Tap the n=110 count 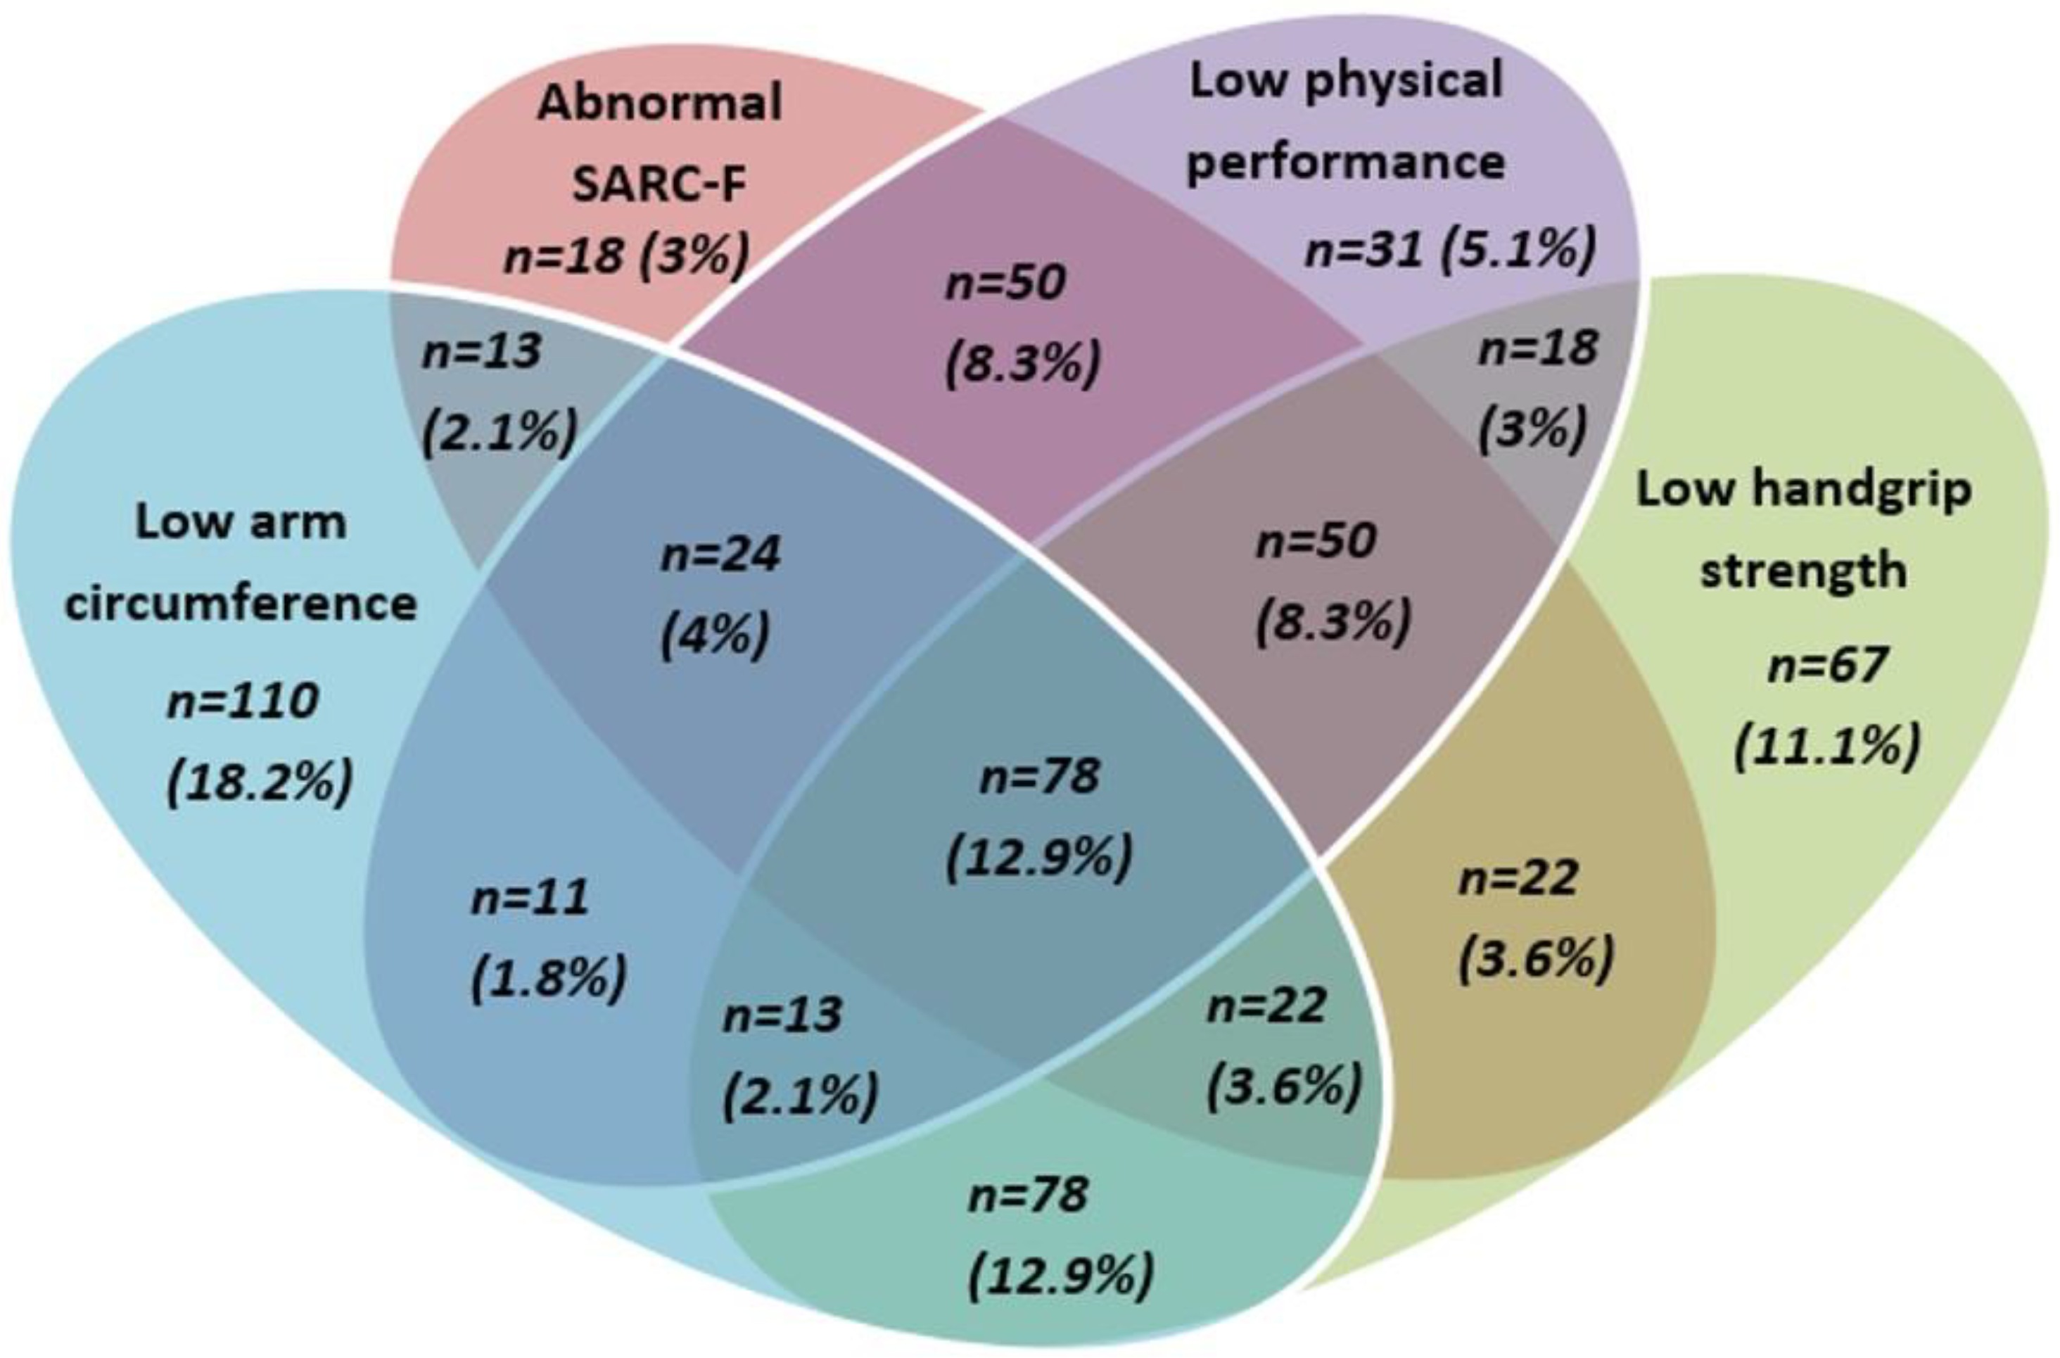click(x=243, y=702)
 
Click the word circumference click(x=241, y=604)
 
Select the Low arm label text click(x=241, y=523)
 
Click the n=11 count click(x=530, y=897)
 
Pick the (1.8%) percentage click(x=549, y=979)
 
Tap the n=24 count click(x=720, y=554)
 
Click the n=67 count click(x=1827, y=665)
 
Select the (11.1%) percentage click(x=1827, y=746)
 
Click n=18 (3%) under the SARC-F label click(x=626, y=256)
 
